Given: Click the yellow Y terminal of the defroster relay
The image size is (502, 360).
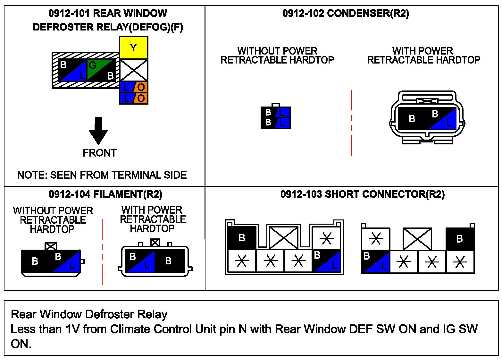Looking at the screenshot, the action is [134, 48].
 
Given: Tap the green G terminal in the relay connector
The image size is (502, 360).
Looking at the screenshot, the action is [101, 70].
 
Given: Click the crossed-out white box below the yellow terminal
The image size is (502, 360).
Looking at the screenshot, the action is [134, 70].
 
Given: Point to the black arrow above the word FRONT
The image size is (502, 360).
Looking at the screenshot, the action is [98, 131].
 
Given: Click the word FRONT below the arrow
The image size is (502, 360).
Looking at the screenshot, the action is [100, 153].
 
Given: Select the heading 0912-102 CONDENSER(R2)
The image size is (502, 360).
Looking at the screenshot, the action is [346, 13].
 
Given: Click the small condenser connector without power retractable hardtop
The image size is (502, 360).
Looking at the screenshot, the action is [276, 116].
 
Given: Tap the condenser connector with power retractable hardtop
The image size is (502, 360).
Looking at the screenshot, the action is [427, 117].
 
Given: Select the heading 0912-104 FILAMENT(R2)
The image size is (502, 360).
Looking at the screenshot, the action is [105, 194].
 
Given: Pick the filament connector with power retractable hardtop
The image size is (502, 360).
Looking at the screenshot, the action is [155, 258].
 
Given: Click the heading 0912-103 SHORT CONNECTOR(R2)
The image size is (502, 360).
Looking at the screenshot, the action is [362, 194].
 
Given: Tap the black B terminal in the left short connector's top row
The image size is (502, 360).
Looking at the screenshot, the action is [242, 238].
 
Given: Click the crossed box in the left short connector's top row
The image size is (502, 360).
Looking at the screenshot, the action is [283, 238].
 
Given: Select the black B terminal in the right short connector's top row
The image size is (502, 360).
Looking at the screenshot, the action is [460, 239].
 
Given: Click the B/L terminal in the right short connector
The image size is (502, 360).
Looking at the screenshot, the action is [376, 262].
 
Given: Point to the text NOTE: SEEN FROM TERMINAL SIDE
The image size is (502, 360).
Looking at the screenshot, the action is [102, 175].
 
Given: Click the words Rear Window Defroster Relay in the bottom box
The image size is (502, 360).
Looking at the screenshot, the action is [89, 314].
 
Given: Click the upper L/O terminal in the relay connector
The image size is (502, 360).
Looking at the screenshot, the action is [134, 87].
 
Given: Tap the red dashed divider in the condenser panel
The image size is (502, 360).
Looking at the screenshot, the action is [352, 123].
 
